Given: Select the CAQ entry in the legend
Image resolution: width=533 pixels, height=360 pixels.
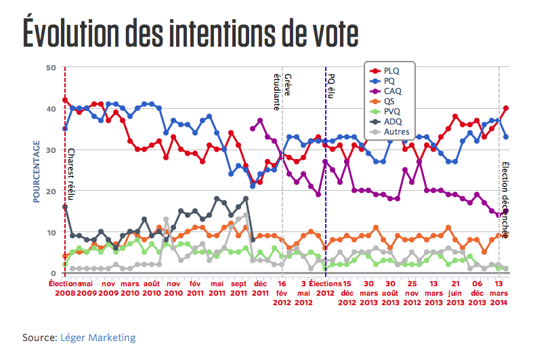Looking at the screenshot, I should click(x=391, y=91).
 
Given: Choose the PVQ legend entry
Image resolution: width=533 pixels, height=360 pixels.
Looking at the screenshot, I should click(x=391, y=111).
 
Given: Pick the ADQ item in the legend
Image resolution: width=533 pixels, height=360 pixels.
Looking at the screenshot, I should click(x=391, y=121).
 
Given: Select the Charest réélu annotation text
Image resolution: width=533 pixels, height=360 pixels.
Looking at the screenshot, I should click(x=70, y=173).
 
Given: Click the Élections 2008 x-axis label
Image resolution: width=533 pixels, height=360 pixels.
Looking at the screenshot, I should click(x=65, y=289).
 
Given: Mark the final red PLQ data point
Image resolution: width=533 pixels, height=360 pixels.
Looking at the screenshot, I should click(x=506, y=108).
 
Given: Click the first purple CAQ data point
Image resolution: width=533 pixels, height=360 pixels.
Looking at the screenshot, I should click(x=253, y=129).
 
